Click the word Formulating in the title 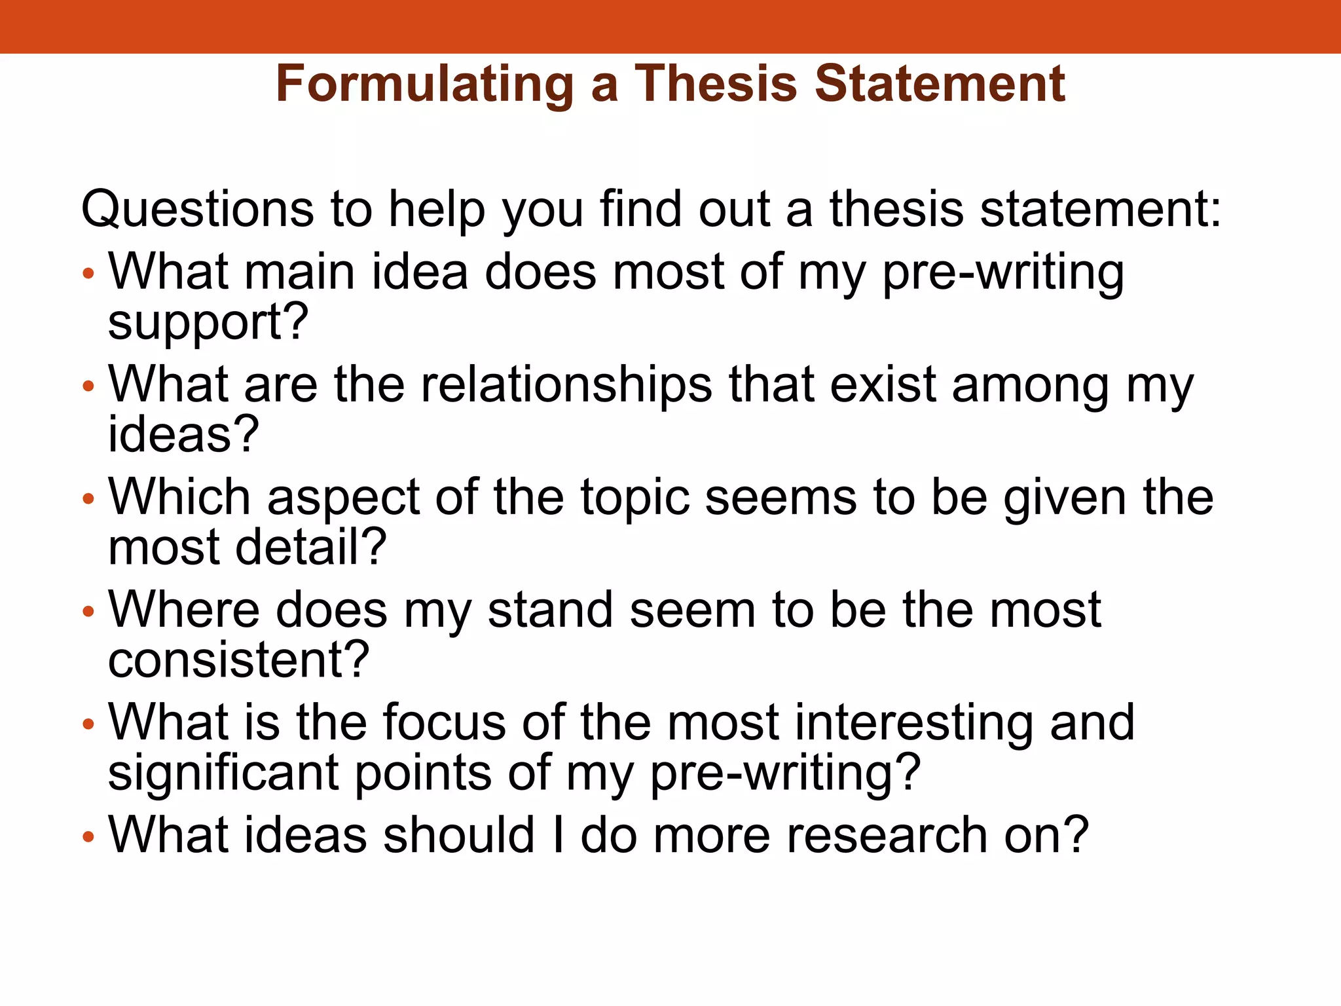(x=424, y=85)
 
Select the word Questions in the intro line (x=197, y=210)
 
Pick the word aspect (x=343, y=499)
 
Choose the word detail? (x=311, y=547)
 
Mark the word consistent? (x=238, y=660)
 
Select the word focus (x=444, y=722)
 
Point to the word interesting (x=915, y=724)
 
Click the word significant (x=223, y=773)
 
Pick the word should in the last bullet (x=459, y=835)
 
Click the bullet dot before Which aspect (x=89, y=500)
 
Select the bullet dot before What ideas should (x=89, y=837)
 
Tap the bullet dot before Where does (x=89, y=612)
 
